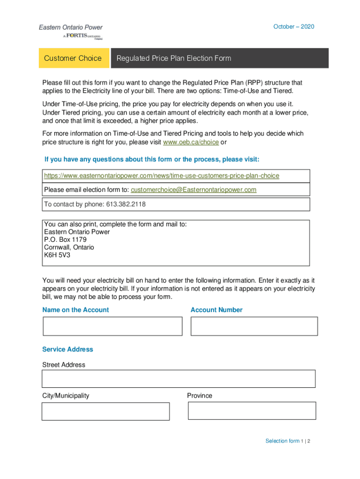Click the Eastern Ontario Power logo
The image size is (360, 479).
point(71,32)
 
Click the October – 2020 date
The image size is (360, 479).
point(294,27)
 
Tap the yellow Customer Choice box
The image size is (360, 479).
point(73,58)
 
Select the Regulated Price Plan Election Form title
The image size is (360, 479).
point(173,58)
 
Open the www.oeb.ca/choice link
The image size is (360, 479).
point(190,142)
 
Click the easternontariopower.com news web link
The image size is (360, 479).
point(161,176)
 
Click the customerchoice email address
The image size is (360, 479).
point(194,189)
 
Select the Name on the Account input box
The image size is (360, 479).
point(112,326)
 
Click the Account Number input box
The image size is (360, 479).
point(254,326)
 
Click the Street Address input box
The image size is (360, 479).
point(178,378)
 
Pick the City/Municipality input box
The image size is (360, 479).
point(106,411)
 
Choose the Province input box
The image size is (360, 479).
point(252,411)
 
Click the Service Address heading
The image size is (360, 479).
point(68,349)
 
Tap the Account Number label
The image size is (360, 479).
point(216,310)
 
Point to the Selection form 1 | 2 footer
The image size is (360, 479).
point(288,441)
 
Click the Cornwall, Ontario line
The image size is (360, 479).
point(69,247)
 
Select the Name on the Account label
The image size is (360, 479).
point(75,310)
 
